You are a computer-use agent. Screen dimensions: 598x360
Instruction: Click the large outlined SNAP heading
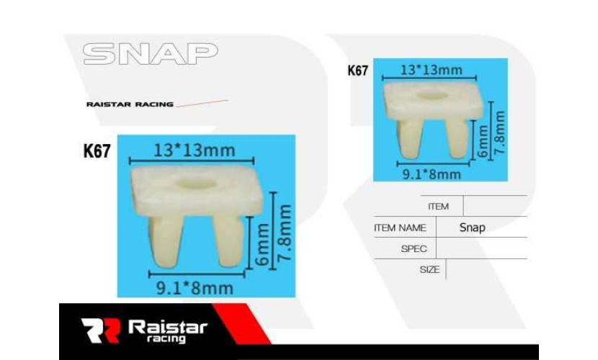(x=151, y=54)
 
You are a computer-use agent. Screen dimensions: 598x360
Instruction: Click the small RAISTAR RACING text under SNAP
(x=130, y=104)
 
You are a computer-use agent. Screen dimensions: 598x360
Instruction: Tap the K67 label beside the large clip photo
(x=97, y=151)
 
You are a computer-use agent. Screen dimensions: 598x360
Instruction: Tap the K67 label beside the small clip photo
(x=358, y=71)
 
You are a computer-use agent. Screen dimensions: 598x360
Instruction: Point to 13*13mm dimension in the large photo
(x=194, y=150)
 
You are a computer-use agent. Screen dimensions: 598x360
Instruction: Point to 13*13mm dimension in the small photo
(x=432, y=70)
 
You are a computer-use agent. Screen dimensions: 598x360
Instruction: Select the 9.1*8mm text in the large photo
(x=195, y=288)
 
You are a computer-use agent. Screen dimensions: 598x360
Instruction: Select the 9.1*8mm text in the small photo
(x=432, y=174)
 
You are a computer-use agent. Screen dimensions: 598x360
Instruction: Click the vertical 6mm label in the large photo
(x=262, y=245)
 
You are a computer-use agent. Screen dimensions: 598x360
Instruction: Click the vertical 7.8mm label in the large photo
(x=285, y=233)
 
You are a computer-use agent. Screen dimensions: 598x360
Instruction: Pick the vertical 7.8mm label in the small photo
(x=499, y=132)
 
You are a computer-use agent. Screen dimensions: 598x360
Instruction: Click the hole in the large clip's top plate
(x=197, y=183)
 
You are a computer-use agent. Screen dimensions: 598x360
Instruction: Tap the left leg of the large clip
(x=166, y=241)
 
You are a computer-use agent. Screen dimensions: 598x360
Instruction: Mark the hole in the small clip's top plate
(x=432, y=94)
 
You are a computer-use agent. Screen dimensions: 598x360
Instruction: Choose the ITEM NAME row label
(x=400, y=228)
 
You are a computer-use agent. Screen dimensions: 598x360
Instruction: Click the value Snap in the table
(x=472, y=228)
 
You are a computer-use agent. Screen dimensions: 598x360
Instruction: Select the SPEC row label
(x=414, y=249)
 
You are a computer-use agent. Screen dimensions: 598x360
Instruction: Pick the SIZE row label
(x=430, y=270)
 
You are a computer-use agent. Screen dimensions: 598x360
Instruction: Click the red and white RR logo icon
(x=101, y=330)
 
